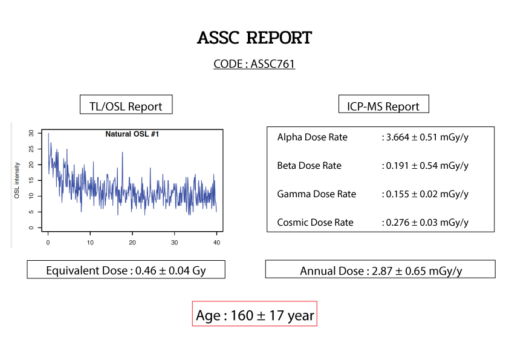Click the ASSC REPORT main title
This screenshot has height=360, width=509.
coord(254,38)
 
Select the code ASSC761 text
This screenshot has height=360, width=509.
coord(273,64)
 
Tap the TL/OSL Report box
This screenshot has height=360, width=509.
coord(126,105)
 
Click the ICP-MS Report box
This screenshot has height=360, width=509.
coord(384,104)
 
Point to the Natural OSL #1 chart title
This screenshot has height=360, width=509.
coord(132,134)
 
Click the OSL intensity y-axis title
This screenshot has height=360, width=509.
coord(17,180)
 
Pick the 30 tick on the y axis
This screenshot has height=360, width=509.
coord(31,133)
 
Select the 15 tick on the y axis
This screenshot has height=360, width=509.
coord(31,180)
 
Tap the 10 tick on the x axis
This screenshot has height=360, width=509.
coord(90,243)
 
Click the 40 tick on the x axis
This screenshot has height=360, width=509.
coord(216,243)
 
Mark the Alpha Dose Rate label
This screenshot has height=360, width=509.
coord(313,137)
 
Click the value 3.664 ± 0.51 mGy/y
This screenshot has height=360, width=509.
coord(427,137)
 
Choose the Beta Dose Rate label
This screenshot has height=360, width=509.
coord(310,166)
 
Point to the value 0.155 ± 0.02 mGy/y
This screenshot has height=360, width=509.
coord(427,194)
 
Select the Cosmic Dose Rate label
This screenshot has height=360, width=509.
coord(315,223)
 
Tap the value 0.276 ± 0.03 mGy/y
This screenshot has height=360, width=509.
coord(427,223)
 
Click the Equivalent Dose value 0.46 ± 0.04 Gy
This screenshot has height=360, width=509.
coord(170,270)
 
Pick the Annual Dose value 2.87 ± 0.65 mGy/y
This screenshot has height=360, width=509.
coord(417,271)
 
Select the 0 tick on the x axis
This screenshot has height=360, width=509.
coord(48,243)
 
